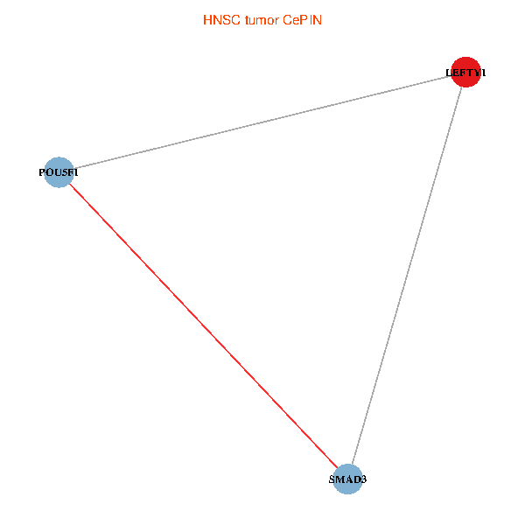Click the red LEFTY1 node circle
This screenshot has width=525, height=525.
pyautogui.click(x=465, y=73)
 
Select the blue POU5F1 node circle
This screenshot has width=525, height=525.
pyautogui.click(x=59, y=172)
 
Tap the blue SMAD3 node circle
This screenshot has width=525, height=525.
pyautogui.click(x=348, y=479)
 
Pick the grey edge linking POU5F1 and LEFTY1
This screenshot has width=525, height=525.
pyautogui.click(x=262, y=122)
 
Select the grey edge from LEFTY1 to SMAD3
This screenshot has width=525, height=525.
pyautogui.click(x=407, y=276)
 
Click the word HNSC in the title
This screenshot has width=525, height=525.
pyautogui.click(x=220, y=19)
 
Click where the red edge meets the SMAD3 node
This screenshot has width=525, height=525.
pyautogui.click(x=338, y=468)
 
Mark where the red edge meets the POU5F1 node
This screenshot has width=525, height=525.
pyautogui.click(x=69, y=184)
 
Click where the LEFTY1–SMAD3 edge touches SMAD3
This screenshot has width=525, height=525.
pyautogui.click(x=352, y=465)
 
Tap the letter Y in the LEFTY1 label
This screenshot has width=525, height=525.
pyautogui.click(x=474, y=73)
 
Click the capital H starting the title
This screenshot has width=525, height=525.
pyautogui.click(x=207, y=19)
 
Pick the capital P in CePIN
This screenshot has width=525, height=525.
pyautogui.click(x=305, y=19)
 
